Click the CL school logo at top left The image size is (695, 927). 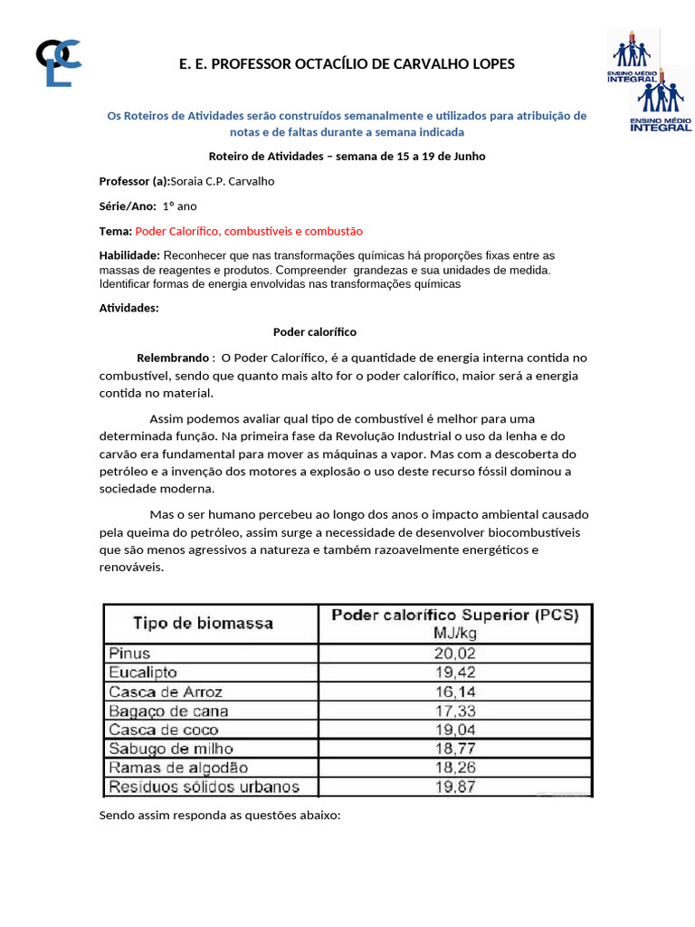(58, 62)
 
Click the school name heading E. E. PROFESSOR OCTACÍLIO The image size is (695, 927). (347, 64)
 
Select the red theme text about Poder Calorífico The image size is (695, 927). (249, 231)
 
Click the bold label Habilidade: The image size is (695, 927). (129, 256)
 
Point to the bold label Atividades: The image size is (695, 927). (129, 308)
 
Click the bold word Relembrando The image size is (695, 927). (173, 358)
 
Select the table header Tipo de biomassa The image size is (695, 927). (204, 623)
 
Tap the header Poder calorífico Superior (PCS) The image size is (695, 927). (455, 615)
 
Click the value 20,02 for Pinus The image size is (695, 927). (455, 654)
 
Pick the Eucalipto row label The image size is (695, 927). (143, 673)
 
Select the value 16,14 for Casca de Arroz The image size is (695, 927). (455, 692)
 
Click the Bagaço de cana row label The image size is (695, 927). (168, 711)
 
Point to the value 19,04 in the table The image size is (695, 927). (455, 730)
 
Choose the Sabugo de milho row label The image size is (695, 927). (171, 749)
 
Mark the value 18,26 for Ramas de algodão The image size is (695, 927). (455, 768)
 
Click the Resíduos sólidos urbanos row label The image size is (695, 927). (204, 787)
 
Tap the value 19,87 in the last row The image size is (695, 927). (455, 787)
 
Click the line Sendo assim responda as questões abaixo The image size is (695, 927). (220, 816)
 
